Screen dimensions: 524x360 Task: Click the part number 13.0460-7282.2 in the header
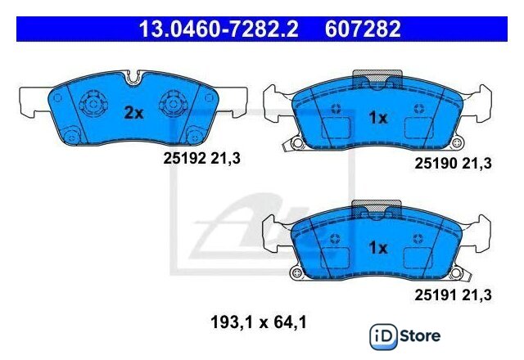pyautogui.click(x=219, y=29)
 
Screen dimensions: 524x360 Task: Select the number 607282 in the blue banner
pyautogui.click(x=363, y=29)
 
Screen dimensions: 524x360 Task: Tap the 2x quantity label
pyautogui.click(x=133, y=113)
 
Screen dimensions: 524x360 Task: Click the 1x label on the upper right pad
pyautogui.click(x=378, y=118)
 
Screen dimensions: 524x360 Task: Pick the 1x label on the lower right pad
pyautogui.click(x=378, y=247)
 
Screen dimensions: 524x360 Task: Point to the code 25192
pyautogui.click(x=184, y=158)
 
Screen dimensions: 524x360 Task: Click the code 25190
pyautogui.click(x=436, y=164)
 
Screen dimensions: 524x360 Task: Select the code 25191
pyautogui.click(x=436, y=295)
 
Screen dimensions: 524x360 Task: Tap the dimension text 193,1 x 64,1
pyautogui.click(x=259, y=322)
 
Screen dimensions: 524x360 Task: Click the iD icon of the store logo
pyautogui.click(x=383, y=336)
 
